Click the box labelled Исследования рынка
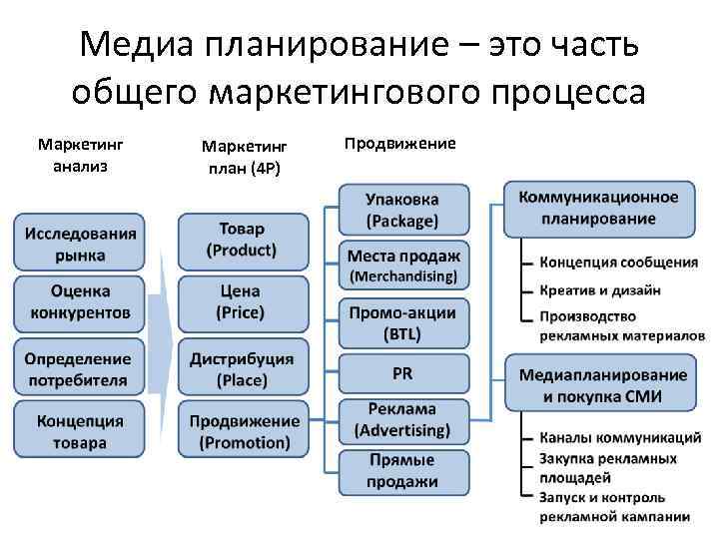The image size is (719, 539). [80, 243]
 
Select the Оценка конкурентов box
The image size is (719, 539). [80, 302]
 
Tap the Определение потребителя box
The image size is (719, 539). [80, 368]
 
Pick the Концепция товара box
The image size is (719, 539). [80, 431]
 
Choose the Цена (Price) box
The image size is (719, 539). [241, 301]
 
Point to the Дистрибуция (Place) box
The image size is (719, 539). [241, 368]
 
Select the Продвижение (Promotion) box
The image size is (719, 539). [243, 431]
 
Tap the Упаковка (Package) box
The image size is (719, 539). [401, 209]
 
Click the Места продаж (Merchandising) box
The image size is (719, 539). [401, 264]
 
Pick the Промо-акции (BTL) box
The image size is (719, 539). [401, 322]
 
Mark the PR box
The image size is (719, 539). [401, 372]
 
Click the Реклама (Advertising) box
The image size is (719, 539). [401, 421]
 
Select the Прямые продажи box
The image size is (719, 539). [401, 471]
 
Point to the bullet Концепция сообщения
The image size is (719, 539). [618, 263]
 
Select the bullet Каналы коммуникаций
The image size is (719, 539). [620, 437]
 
